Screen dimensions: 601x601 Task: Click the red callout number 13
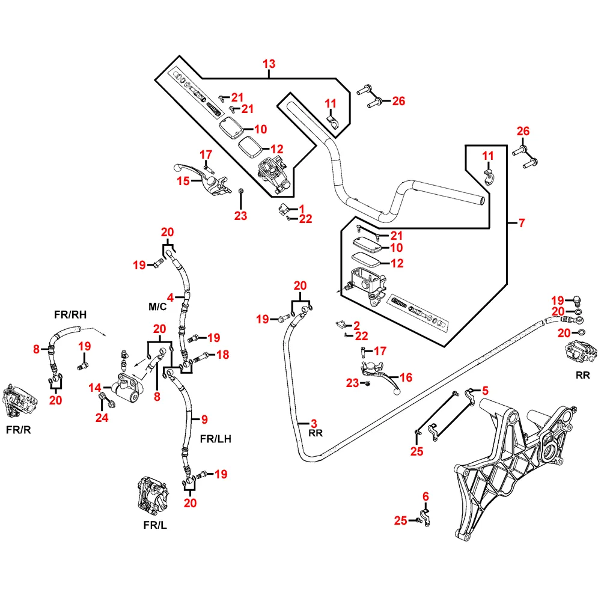click(x=269, y=64)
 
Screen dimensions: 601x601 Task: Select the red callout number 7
click(x=522, y=224)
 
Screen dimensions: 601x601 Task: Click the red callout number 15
click(x=182, y=181)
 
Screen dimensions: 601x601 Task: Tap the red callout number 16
click(x=406, y=377)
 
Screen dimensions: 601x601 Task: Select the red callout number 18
click(x=222, y=355)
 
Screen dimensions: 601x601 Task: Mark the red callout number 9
click(x=204, y=419)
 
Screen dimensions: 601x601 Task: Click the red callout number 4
click(x=171, y=297)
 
